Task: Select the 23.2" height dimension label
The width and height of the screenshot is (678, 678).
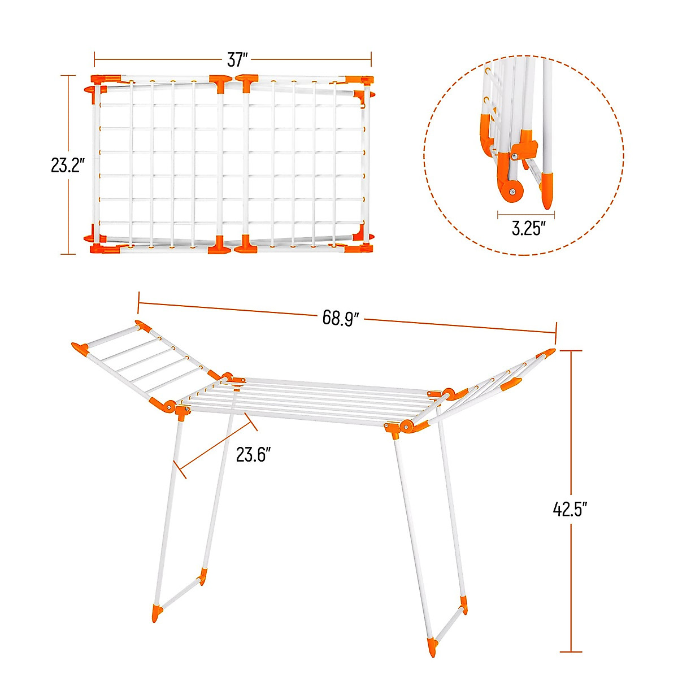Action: point(68,166)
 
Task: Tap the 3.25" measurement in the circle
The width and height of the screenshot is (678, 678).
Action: point(528,229)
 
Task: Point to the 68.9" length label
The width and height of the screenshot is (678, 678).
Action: point(341,318)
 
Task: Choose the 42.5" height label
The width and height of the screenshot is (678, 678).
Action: point(571,509)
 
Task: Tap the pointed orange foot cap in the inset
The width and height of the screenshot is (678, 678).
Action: point(547,190)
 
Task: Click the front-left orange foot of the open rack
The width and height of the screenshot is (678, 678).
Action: point(157,614)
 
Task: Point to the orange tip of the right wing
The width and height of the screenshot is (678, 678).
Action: point(547,354)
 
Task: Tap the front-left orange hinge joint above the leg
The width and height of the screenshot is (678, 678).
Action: point(182,411)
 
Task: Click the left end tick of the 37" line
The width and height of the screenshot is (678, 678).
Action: point(94,59)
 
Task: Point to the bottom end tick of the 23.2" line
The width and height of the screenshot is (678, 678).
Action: point(68,254)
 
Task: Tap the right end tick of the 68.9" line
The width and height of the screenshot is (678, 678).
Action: point(557,333)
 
